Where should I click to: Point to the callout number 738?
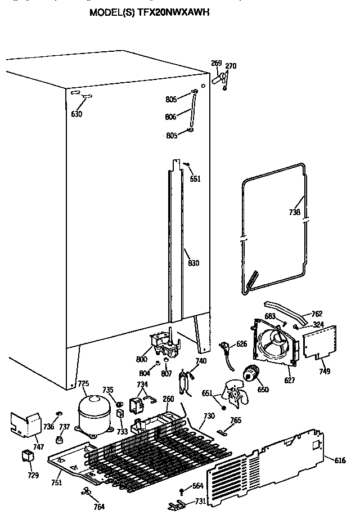point(294,213)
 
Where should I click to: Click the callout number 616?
point(339,460)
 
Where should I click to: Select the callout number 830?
point(193,263)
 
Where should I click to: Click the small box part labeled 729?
point(26,457)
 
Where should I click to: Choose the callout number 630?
point(76,114)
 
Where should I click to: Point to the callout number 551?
point(195,179)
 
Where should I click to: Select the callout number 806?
point(172,117)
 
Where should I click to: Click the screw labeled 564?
point(182,491)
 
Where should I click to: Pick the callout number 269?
point(216,63)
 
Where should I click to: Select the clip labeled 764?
point(87,493)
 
